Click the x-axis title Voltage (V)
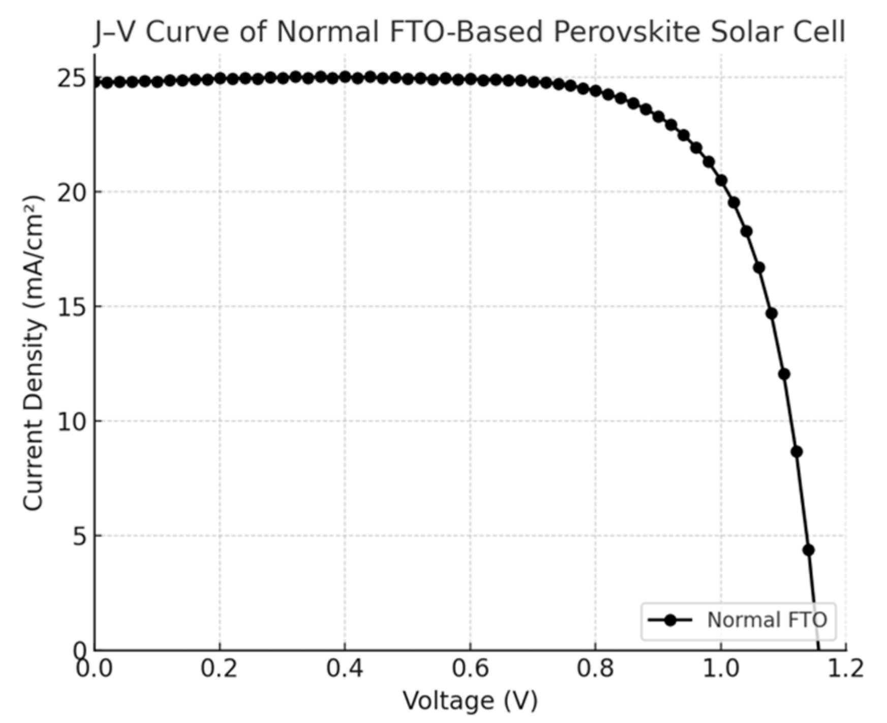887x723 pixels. click(x=470, y=701)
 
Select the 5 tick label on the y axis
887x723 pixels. click(x=79, y=536)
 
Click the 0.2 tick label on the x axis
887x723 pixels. click(x=219, y=668)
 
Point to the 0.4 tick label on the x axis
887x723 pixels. click(x=345, y=668)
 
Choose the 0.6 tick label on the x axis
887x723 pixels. click(x=470, y=668)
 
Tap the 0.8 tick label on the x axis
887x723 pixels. click(x=595, y=668)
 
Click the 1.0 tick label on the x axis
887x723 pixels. click(x=721, y=668)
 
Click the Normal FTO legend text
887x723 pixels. click(x=767, y=620)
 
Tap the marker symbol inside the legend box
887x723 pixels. click(x=670, y=620)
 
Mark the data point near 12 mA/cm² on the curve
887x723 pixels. click(x=784, y=374)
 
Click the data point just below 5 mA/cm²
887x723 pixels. click(x=809, y=550)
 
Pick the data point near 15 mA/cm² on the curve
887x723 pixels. click(x=772, y=313)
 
